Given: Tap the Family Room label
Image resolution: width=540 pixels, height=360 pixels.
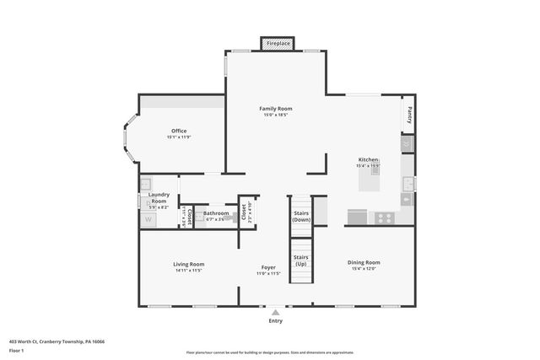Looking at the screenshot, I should click(x=275, y=109).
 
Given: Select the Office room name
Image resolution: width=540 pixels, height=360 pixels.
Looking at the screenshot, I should click(x=179, y=131).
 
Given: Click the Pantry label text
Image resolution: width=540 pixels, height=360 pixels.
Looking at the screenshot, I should click(x=408, y=114).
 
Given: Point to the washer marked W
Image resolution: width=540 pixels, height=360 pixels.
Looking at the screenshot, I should click(x=148, y=220).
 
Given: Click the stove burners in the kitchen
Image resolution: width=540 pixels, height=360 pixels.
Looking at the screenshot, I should click(x=384, y=218).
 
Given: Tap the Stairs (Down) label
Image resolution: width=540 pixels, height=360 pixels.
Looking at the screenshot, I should click(x=301, y=215).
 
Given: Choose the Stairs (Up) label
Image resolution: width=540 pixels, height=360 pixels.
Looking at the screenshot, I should click(x=301, y=260).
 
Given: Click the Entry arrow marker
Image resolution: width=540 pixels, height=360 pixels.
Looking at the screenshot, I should click(x=275, y=311).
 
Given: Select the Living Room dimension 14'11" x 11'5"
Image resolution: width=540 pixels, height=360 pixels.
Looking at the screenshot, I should click(x=189, y=271).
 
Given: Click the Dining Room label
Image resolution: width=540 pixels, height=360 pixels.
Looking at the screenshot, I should click(x=364, y=263).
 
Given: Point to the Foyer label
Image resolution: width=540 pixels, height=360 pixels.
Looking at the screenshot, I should click(x=268, y=267).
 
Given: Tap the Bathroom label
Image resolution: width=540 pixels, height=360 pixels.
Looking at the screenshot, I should click(x=216, y=213).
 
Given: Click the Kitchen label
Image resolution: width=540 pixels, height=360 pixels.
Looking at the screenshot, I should click(x=368, y=159).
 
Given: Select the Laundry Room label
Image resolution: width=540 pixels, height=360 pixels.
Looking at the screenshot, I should click(x=159, y=198).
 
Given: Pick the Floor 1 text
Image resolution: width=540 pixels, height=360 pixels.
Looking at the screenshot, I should click(x=17, y=350).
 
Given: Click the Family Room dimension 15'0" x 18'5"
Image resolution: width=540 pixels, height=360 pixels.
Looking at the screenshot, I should click(x=275, y=116).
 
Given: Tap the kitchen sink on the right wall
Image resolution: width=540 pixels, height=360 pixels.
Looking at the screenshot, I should click(x=408, y=184).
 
